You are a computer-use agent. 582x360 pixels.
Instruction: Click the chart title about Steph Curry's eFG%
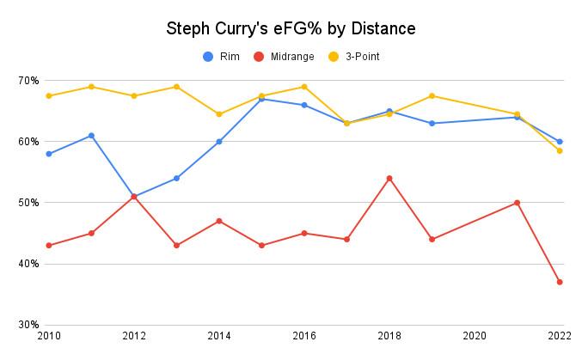click(x=291, y=28)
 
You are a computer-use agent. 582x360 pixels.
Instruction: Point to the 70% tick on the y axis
click(x=28, y=81)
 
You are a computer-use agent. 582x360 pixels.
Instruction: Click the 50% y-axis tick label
click(x=28, y=203)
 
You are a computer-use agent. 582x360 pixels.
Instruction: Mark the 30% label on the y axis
click(x=28, y=325)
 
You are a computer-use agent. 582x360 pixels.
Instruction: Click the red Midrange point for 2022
click(x=560, y=282)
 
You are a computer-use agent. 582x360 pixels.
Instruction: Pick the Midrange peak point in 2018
click(x=389, y=178)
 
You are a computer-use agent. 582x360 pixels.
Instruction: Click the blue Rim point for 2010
click(x=48, y=154)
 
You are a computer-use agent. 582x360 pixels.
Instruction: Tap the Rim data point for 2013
click(x=176, y=179)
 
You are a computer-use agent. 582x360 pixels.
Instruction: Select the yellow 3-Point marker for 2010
click(x=48, y=96)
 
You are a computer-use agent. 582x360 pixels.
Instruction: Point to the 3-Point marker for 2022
click(x=560, y=150)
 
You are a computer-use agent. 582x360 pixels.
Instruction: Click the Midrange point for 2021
click(x=518, y=203)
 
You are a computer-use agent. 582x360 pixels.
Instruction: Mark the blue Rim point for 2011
click(x=91, y=136)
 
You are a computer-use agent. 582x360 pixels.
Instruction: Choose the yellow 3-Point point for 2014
click(x=219, y=114)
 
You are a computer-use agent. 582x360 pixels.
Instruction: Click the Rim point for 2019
click(x=432, y=124)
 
